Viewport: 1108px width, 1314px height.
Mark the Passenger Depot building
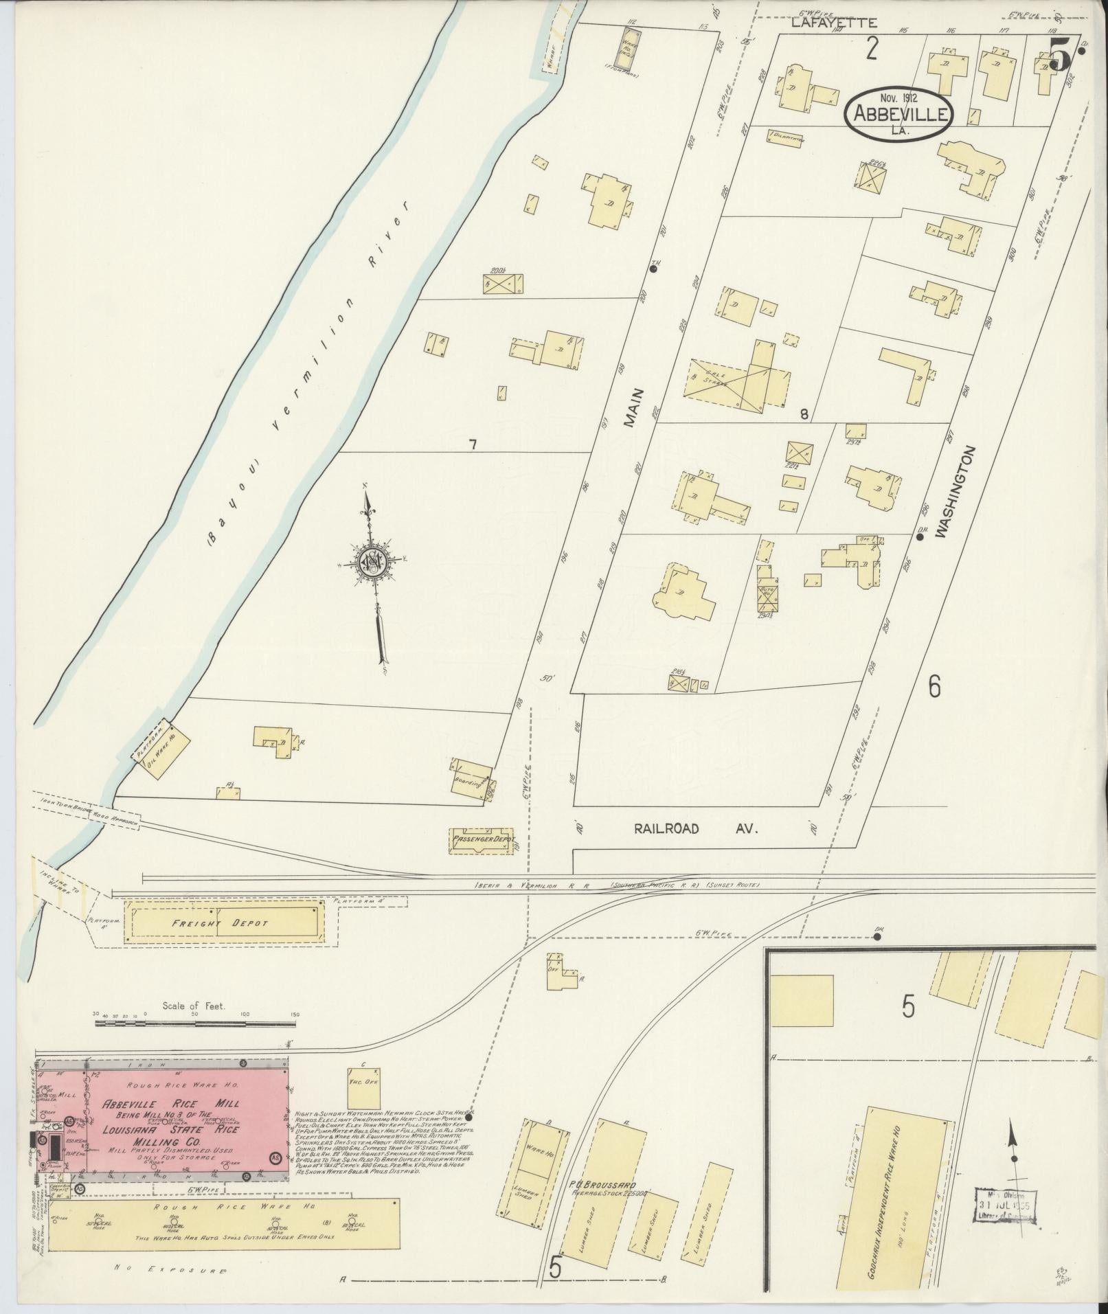click(482, 840)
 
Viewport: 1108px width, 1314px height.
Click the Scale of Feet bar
click(196, 1023)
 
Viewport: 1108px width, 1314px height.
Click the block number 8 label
click(803, 414)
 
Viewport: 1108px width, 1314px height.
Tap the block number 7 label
click(473, 444)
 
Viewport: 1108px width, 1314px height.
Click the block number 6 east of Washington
click(934, 686)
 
